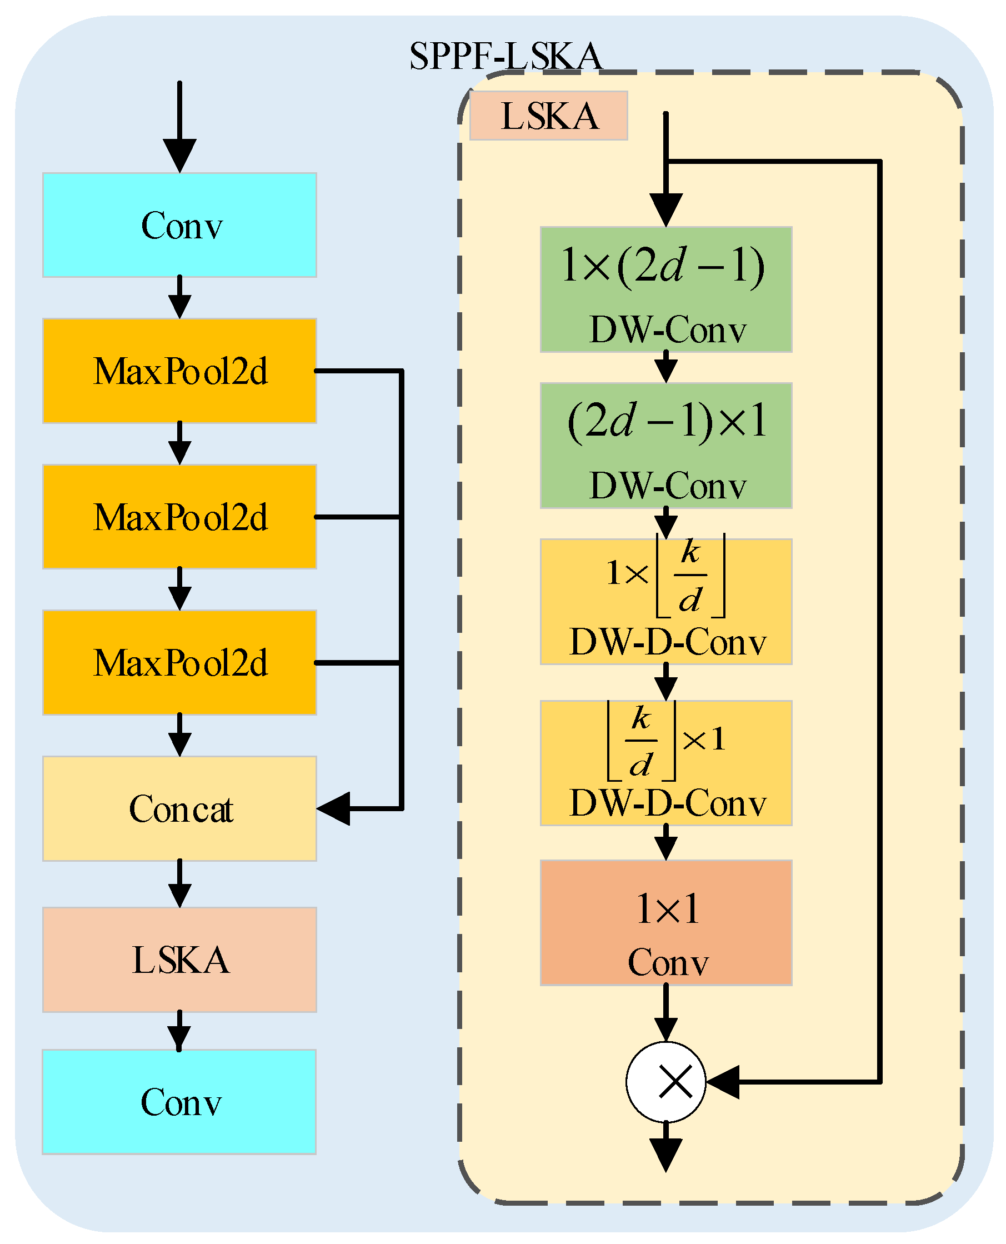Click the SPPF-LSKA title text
pos(505,56)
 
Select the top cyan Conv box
pos(179,225)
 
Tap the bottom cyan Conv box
pos(179,1102)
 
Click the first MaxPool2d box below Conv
pos(179,371)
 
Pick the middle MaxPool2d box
pos(179,517)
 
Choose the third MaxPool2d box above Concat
pos(179,663)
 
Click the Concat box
pos(179,808)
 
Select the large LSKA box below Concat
pos(179,960)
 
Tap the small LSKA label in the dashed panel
pos(548,116)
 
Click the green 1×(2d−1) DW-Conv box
pos(666,290)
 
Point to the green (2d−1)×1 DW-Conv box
pos(666,446)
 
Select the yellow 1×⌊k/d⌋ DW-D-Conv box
pos(666,602)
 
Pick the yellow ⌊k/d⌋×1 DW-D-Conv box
pos(666,763)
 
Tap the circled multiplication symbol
pos(666,1082)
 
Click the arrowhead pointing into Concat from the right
pos(334,808)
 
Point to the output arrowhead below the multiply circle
pos(666,1153)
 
